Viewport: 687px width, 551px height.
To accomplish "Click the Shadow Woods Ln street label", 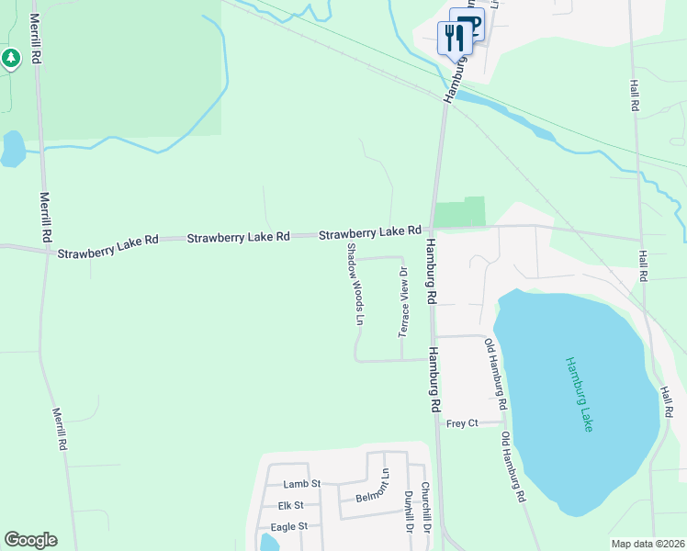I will coord(355,285).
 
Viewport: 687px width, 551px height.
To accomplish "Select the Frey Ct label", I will coord(462,423).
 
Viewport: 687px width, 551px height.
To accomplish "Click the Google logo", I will coord(30,540).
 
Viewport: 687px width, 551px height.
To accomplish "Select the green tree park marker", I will coord(11,60).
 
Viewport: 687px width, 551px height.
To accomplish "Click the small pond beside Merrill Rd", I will coord(13,149).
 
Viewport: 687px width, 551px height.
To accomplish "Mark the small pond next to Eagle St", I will coord(268,542).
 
